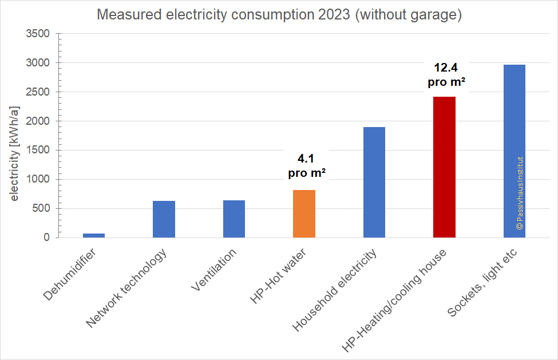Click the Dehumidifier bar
point(94,235)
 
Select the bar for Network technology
point(164,219)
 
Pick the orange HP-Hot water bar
point(304,213)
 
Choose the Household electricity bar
point(374,182)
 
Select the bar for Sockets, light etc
point(515,151)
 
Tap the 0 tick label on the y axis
point(46,238)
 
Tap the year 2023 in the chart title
point(330,15)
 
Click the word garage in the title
point(437,15)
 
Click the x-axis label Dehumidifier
point(70,274)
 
